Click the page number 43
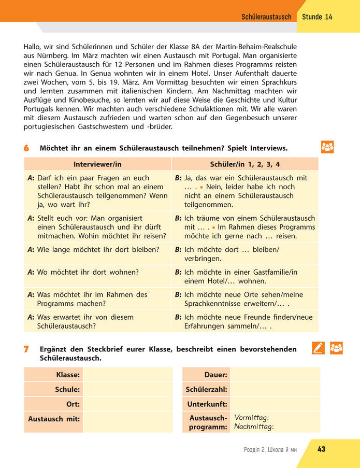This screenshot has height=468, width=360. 321,449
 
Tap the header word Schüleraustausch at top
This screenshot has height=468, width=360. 266,17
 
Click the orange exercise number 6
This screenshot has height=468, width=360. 26,148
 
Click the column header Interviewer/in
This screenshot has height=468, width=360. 97,164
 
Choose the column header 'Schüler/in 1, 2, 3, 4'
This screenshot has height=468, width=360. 245,164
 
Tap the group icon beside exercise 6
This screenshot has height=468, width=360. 327,147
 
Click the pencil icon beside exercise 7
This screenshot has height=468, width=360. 319,348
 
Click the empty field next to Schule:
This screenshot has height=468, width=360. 128,389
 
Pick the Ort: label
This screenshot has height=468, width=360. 73,404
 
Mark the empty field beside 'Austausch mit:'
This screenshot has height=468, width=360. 128,421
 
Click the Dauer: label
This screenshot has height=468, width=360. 216,375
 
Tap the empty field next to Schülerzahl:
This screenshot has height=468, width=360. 275,389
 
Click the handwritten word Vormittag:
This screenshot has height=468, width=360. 252,417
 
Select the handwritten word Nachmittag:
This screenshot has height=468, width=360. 254,427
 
